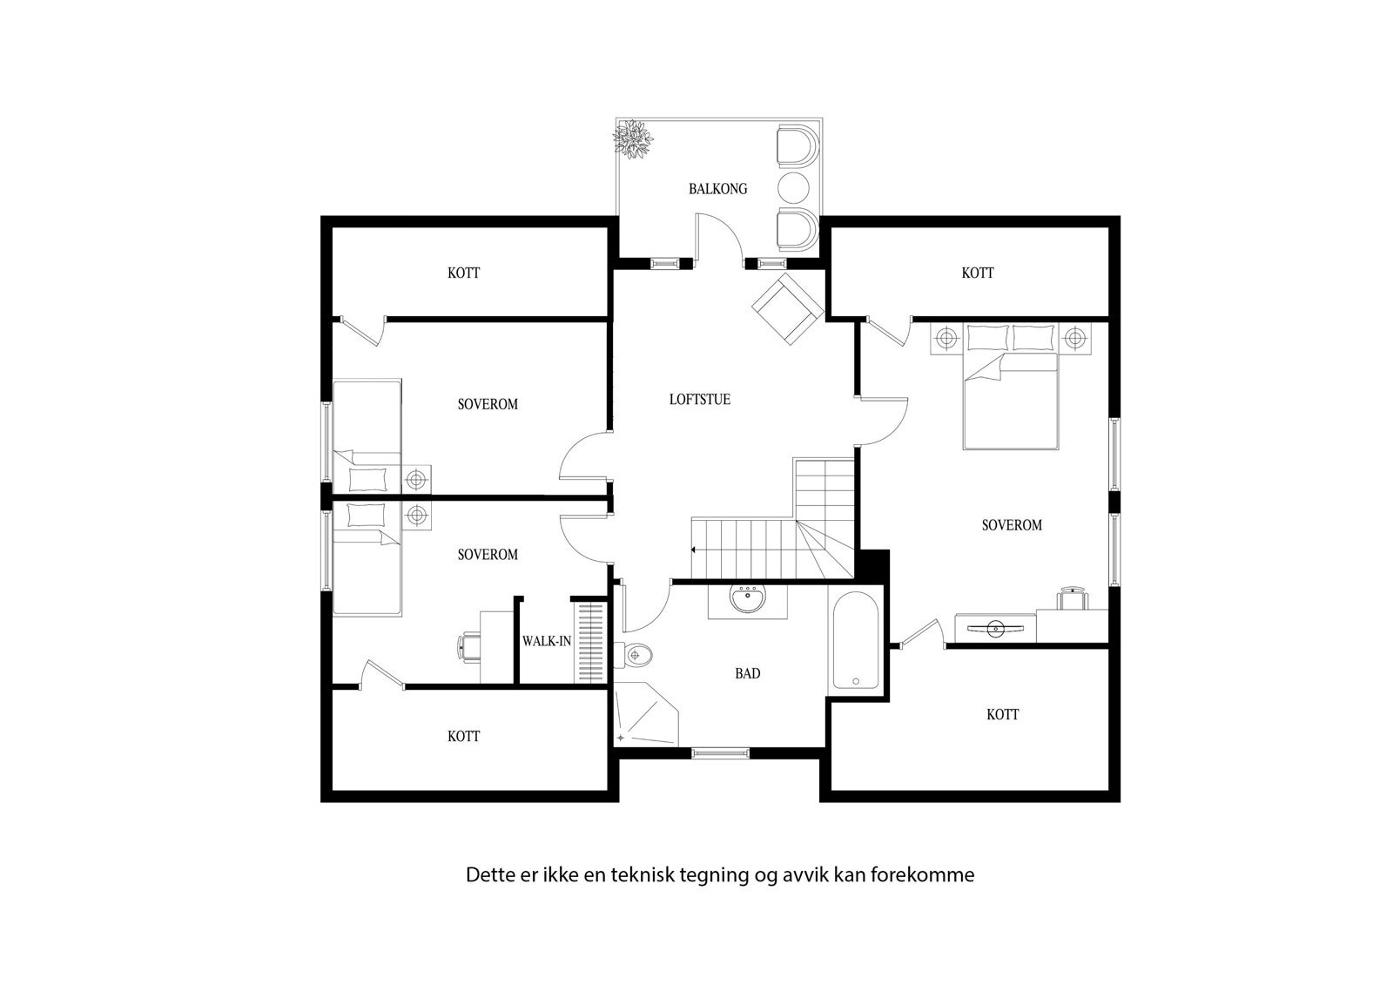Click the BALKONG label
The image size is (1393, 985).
click(717, 189)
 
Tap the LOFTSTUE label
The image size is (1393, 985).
click(699, 400)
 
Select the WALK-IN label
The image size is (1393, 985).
click(546, 641)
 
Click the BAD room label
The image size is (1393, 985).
click(747, 673)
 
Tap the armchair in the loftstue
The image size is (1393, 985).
click(787, 308)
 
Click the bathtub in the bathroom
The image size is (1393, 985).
click(854, 641)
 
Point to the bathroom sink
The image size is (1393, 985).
click(746, 601)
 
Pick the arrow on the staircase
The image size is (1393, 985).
click(694, 550)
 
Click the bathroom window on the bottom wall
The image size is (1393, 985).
click(719, 753)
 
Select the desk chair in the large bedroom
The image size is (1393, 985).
click(1073, 600)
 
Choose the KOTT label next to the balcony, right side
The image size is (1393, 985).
click(977, 273)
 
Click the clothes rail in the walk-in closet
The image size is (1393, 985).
click(589, 643)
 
